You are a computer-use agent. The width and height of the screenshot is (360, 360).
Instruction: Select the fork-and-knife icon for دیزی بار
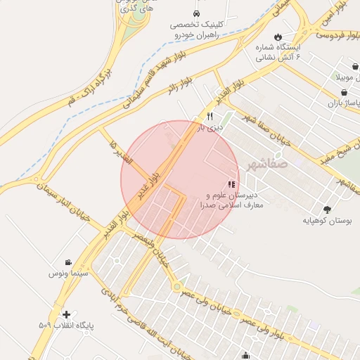(x=209, y=116)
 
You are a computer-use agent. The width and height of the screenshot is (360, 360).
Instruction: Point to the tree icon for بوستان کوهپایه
(x=327, y=209)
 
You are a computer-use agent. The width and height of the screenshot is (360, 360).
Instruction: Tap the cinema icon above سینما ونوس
(x=68, y=262)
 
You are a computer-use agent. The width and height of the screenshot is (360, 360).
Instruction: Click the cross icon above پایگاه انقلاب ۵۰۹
(x=66, y=314)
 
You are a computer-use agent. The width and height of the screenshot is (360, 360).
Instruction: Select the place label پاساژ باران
(x=344, y=103)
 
